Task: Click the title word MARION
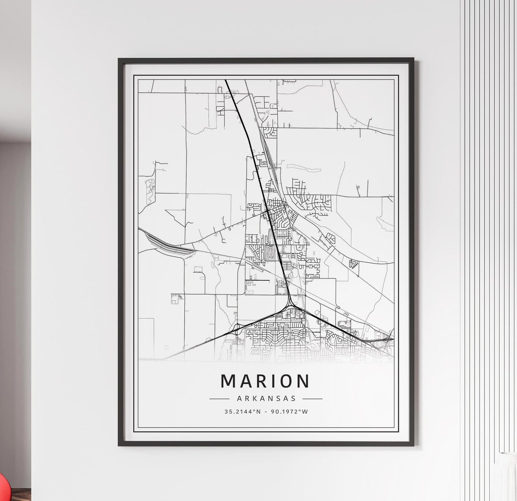(x=265, y=381)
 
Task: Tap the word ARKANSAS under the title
(x=266, y=398)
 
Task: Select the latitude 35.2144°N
(x=242, y=411)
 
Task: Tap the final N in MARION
(x=303, y=381)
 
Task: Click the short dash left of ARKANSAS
(x=219, y=399)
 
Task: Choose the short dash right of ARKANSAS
(x=312, y=399)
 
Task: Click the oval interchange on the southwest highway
(x=236, y=329)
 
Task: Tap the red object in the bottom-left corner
(x=4, y=489)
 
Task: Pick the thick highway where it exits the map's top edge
(x=226, y=80)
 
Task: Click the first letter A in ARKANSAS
(x=238, y=398)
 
